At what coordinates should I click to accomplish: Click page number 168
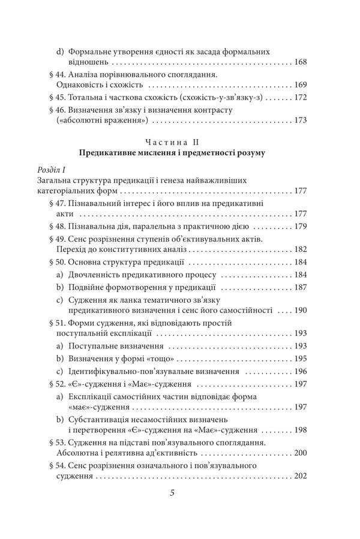[x=299, y=62]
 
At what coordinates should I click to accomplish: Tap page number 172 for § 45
[x=299, y=97]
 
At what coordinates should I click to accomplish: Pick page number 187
[x=299, y=287]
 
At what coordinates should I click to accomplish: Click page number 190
[x=299, y=312]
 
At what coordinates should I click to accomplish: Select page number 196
[x=299, y=372]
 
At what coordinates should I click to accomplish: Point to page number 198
[x=299, y=430]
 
